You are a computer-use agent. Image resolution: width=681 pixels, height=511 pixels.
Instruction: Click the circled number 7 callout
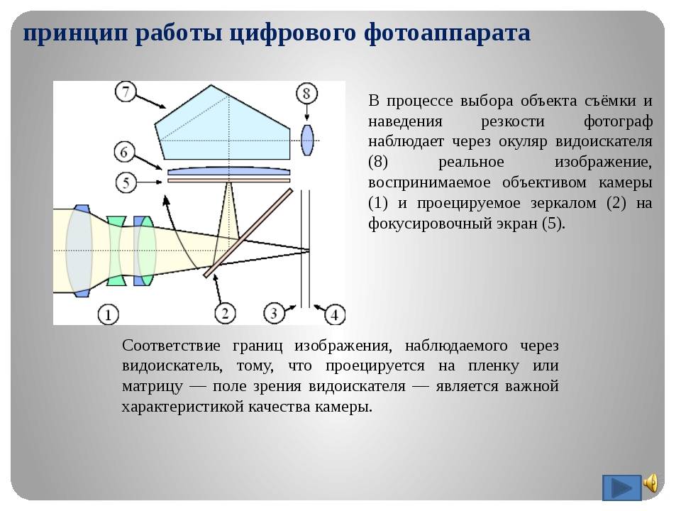[126, 92]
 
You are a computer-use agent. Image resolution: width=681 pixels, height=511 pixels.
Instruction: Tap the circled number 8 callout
[306, 94]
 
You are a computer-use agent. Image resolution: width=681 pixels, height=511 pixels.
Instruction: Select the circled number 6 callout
[124, 152]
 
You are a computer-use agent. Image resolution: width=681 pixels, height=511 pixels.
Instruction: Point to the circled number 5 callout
[126, 182]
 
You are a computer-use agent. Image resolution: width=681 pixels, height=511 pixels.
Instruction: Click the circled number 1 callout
[108, 314]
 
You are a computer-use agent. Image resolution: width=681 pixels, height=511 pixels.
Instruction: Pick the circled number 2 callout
[225, 313]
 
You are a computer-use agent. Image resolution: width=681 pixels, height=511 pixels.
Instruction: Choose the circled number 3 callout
[274, 313]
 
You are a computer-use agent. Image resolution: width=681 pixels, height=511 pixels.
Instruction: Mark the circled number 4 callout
[335, 314]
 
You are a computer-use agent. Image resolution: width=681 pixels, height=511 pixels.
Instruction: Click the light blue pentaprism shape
[221, 126]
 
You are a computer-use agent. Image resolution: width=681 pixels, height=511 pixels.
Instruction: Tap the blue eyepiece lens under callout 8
[307, 140]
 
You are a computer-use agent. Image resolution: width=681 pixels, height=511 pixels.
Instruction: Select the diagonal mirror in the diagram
[248, 233]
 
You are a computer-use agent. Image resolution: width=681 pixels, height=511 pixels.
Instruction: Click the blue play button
[621, 488]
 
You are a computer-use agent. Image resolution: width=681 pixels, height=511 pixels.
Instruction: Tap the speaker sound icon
[651, 483]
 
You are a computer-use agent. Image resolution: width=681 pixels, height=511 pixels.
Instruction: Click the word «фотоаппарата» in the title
[447, 33]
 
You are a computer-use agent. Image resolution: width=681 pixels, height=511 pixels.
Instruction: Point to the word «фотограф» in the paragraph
[618, 122]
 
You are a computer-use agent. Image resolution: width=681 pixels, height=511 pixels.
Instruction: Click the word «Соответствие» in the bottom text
[171, 346]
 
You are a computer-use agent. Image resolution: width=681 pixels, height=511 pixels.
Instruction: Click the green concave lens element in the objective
[116, 251]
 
